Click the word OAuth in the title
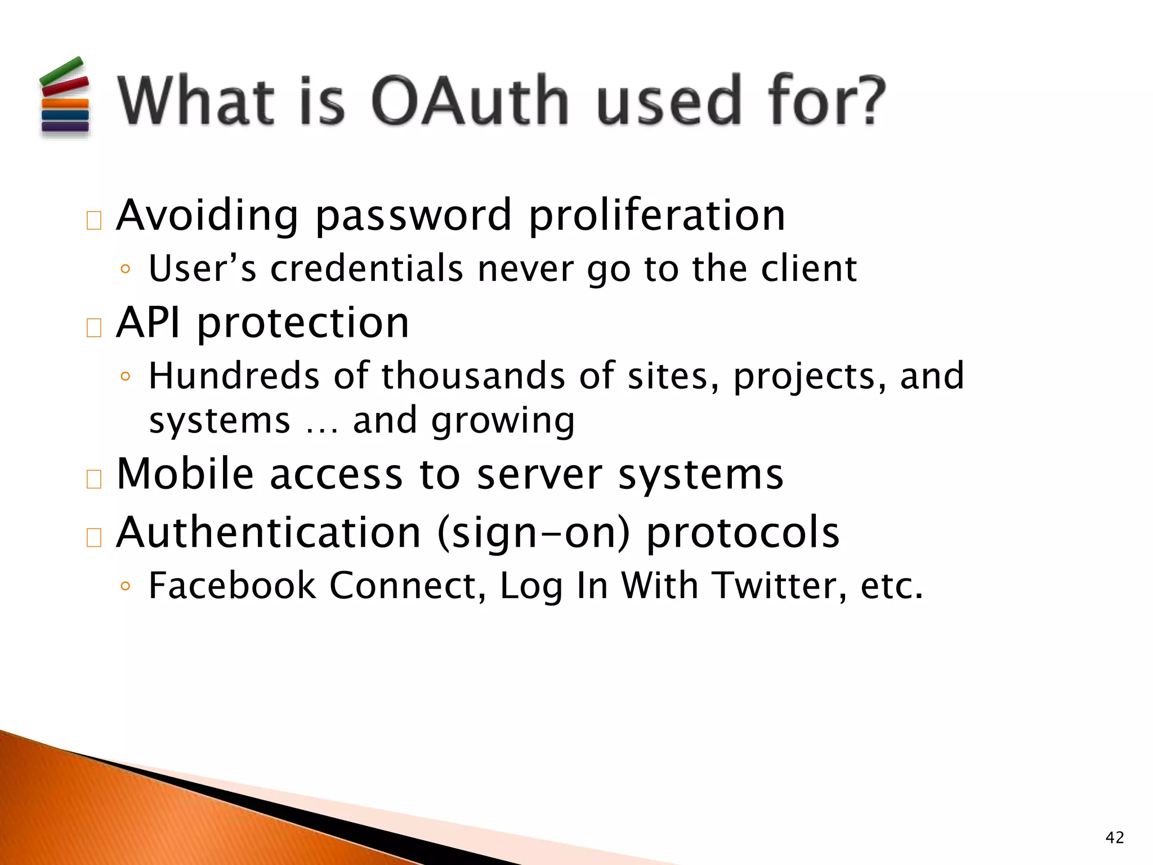(x=470, y=101)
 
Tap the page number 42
(x=1115, y=838)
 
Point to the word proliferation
(x=656, y=216)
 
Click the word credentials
(x=367, y=269)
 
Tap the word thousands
(x=473, y=376)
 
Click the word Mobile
(x=185, y=474)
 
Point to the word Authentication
(x=269, y=533)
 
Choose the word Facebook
(x=232, y=586)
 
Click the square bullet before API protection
(x=94, y=328)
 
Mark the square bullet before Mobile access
(x=94, y=479)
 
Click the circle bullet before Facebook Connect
(x=125, y=587)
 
